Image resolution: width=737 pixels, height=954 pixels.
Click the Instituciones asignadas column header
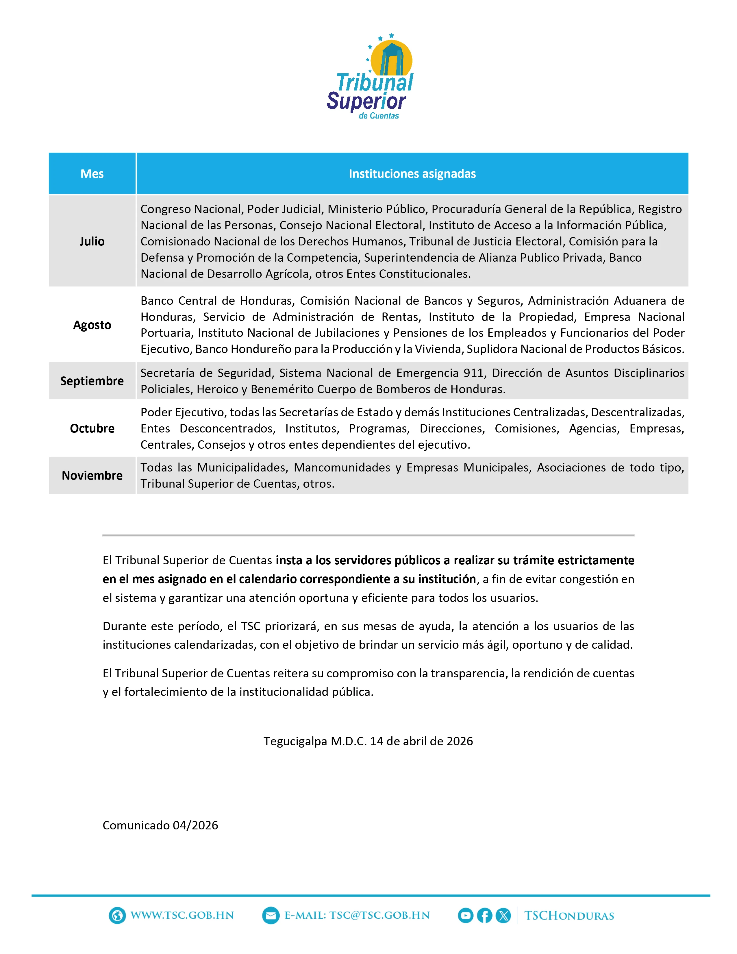412,174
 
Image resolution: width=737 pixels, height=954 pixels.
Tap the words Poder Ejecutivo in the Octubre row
182,412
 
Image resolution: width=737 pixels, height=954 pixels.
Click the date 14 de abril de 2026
421,741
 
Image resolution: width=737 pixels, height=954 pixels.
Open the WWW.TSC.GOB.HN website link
182,916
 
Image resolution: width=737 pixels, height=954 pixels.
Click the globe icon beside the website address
117,916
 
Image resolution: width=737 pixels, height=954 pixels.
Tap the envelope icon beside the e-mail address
271,916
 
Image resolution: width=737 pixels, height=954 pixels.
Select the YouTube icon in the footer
465,916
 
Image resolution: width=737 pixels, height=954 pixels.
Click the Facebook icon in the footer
484,916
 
